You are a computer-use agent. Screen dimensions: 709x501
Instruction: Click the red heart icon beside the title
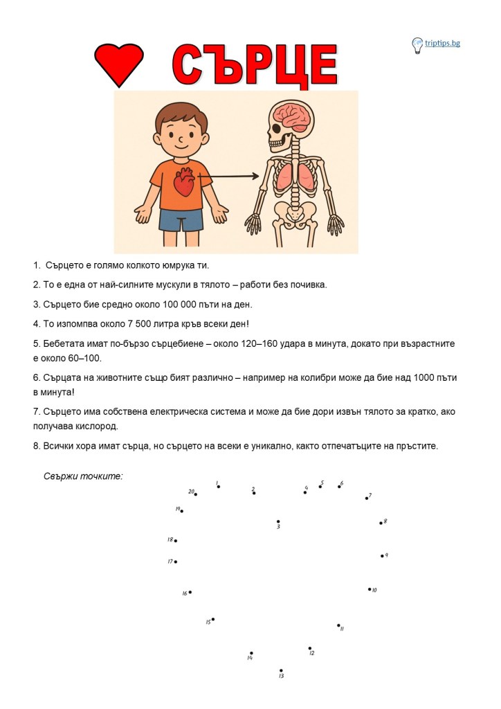tap(118, 64)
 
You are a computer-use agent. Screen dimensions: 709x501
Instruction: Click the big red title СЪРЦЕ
tap(254, 66)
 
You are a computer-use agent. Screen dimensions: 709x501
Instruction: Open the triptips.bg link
tap(443, 43)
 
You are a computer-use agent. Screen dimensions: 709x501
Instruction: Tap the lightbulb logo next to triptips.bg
tap(417, 45)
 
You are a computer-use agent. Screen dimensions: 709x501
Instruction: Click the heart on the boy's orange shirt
tap(183, 182)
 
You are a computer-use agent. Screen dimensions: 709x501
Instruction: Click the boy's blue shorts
tap(181, 219)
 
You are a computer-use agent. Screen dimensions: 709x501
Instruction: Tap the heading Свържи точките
tap(83, 476)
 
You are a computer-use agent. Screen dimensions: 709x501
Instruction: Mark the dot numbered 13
tap(281, 670)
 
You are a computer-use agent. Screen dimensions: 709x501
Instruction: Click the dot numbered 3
tap(278, 521)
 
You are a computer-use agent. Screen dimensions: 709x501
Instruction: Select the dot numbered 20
tap(196, 494)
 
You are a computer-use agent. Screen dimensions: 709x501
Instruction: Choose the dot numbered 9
tap(381, 556)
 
